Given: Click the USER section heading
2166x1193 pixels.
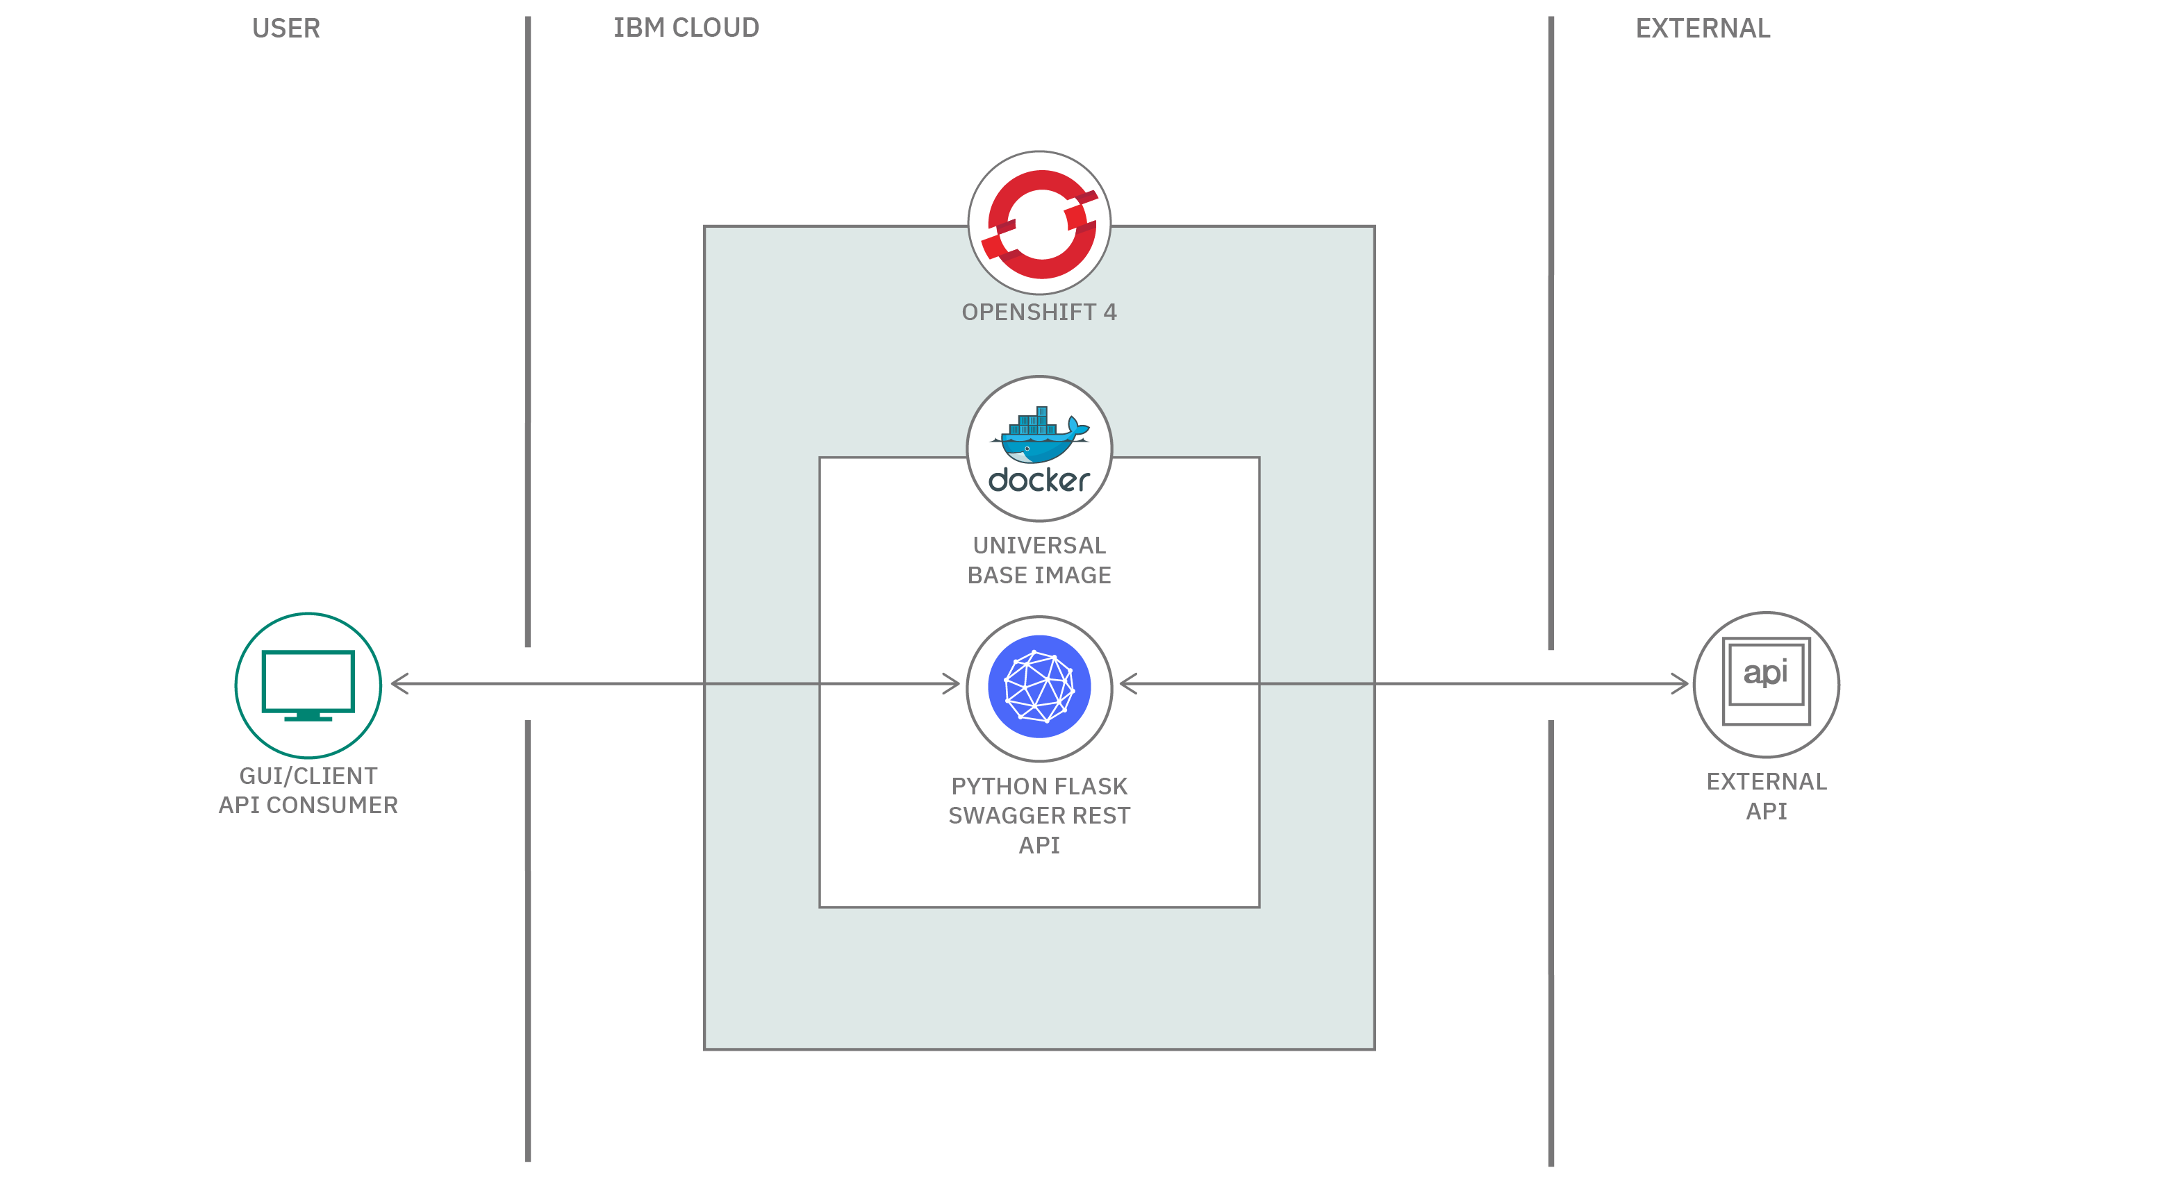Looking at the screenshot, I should [286, 28].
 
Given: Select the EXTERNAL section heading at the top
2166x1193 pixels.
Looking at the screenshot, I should [1702, 28].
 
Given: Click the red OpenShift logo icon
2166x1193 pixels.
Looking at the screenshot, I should [1039, 224].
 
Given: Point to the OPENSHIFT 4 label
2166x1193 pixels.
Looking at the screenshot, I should [1039, 312].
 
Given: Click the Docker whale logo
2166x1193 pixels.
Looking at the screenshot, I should [1039, 435].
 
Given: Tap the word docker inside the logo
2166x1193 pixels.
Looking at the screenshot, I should [1039, 480].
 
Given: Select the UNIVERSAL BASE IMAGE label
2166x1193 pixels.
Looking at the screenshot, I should [1039, 560].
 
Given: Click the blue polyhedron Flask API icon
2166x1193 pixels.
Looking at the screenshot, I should [1039, 687].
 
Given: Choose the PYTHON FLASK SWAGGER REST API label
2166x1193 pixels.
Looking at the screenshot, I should [1039, 815].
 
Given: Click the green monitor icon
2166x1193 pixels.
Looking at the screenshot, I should [308, 685].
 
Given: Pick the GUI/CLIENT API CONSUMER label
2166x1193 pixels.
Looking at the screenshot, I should [308, 790].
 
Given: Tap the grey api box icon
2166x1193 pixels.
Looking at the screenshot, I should [1766, 682].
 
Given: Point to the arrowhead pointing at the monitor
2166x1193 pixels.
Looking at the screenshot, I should [399, 683].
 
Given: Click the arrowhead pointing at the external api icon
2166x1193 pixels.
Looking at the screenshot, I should [1680, 683].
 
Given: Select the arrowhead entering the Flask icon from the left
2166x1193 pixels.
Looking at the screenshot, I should [952, 683].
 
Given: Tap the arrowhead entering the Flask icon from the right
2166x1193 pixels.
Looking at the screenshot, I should [1127, 683].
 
